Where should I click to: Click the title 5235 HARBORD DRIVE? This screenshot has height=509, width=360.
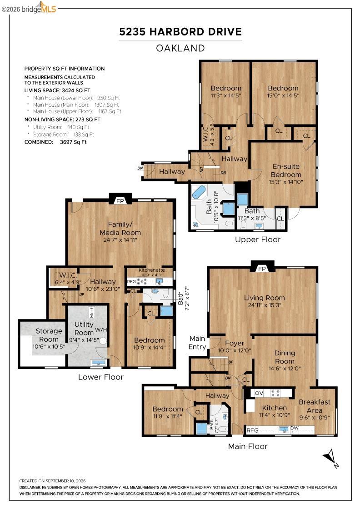coord(180,32)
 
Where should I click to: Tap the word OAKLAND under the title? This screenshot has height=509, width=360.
coord(180,48)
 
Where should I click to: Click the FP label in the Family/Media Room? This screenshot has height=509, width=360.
coord(120,201)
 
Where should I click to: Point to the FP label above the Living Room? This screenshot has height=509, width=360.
coord(262,269)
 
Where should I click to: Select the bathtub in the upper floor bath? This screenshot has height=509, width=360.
coord(198,192)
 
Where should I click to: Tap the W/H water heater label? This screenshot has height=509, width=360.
coord(100,330)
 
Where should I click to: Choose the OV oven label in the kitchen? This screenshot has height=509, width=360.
coord(259,393)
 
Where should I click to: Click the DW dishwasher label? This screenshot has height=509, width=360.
coord(295,428)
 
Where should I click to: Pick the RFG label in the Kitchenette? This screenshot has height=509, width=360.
coord(131,281)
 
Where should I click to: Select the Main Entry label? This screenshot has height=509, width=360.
coord(197,343)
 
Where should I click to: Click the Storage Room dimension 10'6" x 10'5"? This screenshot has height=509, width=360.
coord(49,347)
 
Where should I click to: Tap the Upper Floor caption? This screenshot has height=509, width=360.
coord(258,240)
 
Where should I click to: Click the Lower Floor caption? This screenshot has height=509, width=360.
coord(100,377)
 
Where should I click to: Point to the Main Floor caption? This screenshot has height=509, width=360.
coord(248,446)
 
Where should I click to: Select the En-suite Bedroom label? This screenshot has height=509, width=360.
coord(286,170)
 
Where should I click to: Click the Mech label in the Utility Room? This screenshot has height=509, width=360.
coord(91,312)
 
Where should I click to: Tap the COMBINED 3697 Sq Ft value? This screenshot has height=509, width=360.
coord(73,142)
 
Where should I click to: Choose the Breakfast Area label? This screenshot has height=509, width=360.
coord(315,406)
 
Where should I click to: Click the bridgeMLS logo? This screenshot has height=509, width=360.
coord(29,8)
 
